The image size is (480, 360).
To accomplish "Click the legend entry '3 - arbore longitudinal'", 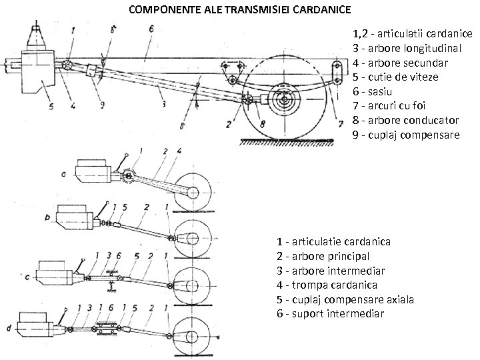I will pos(408,47).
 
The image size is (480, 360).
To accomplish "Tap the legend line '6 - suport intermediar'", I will pos(330,313).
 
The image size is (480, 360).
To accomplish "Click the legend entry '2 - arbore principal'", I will pos(323,256).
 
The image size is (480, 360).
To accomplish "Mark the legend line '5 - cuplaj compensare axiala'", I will pos(345,299).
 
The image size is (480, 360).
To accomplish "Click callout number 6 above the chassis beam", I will pos(151,29).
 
